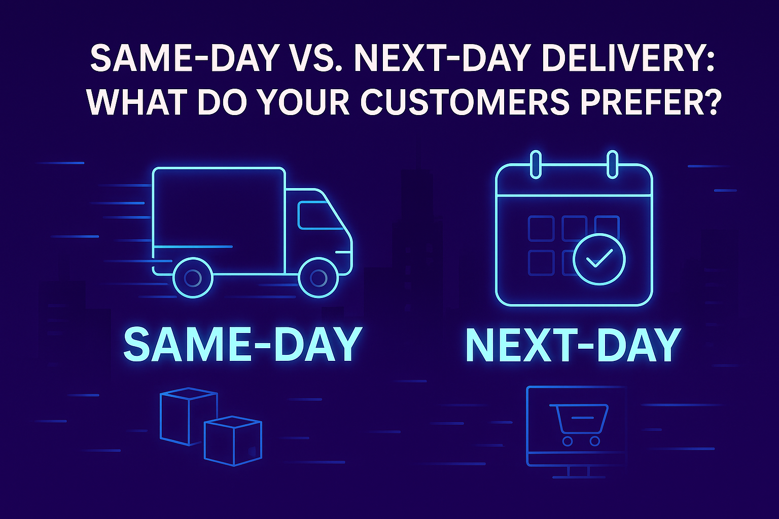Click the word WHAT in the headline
(x=136, y=102)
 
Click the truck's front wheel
(x=318, y=277)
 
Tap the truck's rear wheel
(x=193, y=277)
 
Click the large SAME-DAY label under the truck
(x=242, y=344)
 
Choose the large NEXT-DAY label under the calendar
(x=573, y=345)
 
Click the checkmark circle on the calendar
(x=599, y=259)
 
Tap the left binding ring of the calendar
(x=535, y=164)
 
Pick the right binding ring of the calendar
(x=612, y=164)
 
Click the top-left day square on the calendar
(x=541, y=229)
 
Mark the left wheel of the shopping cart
(x=568, y=441)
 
